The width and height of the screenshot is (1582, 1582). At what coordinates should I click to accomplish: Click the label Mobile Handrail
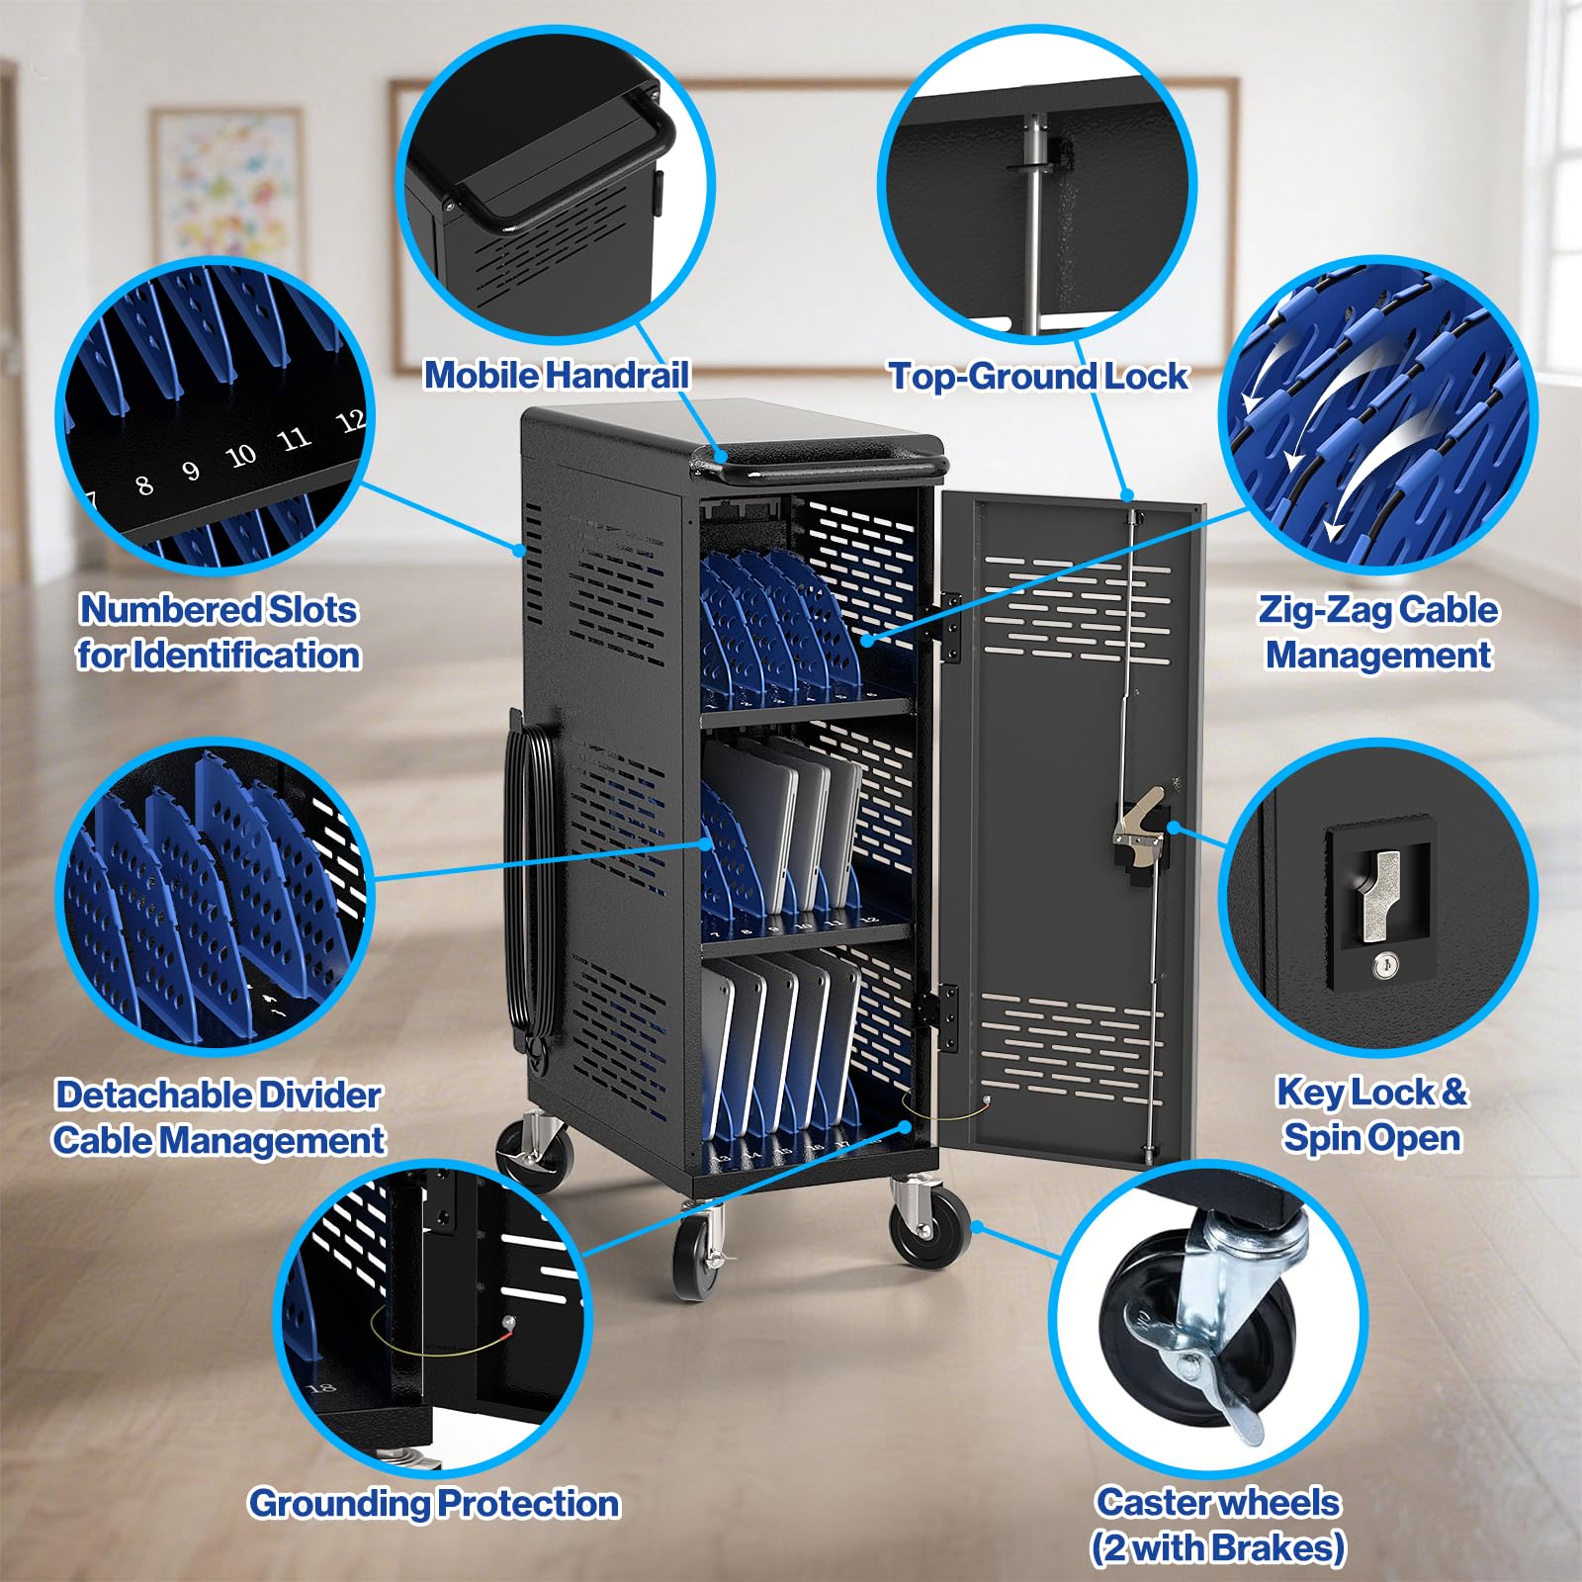tap(557, 375)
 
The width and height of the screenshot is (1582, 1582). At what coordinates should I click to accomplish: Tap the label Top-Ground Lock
tap(1038, 376)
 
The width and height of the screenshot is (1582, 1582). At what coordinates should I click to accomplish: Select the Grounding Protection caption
tap(434, 1503)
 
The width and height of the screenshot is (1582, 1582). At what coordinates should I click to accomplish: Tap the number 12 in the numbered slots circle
tap(351, 422)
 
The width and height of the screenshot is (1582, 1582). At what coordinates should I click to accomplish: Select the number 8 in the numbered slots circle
tap(144, 484)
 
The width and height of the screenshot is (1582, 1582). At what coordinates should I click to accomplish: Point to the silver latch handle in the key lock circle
tap(1376, 895)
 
